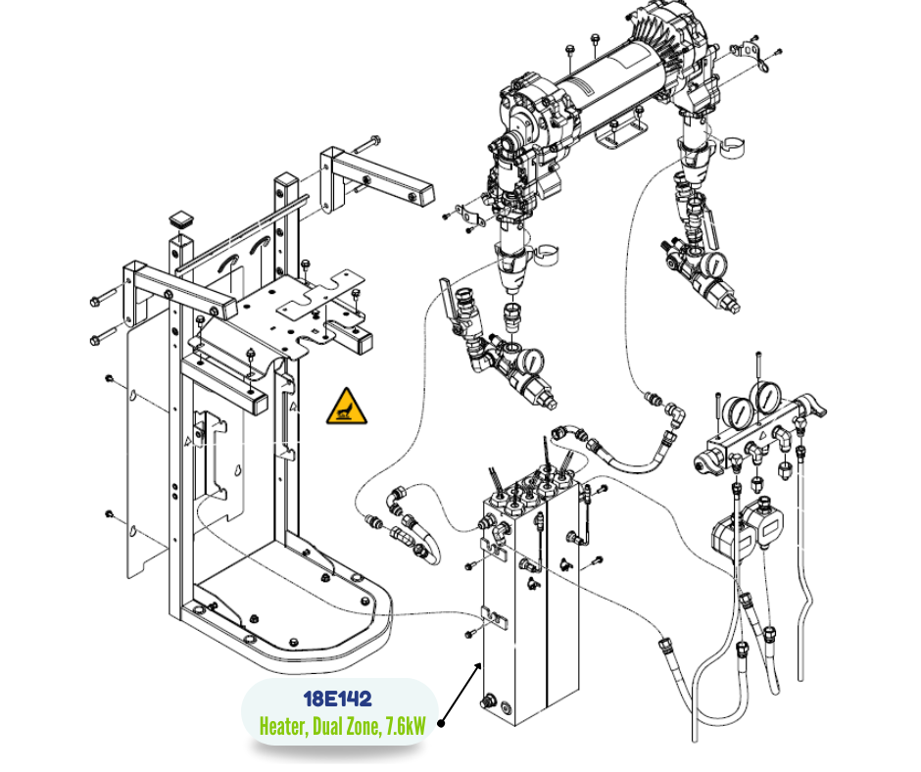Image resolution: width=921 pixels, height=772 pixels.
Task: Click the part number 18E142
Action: (337, 700)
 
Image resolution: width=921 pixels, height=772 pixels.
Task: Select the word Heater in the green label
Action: (283, 727)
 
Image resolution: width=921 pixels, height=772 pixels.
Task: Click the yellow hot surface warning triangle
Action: (347, 407)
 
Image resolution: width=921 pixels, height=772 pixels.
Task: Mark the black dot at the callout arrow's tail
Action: (441, 725)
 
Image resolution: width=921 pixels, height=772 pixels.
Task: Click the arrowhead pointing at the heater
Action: (479, 667)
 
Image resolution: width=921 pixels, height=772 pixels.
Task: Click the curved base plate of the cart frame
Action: (294, 617)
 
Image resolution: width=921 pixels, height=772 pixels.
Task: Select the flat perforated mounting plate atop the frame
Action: (314, 299)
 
